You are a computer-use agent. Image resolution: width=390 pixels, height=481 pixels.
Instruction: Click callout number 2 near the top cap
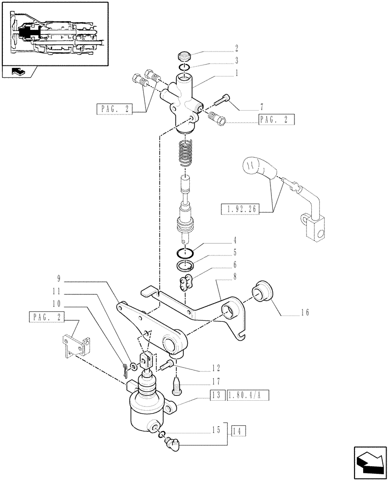(236, 49)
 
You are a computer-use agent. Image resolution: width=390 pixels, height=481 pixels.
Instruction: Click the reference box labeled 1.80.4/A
(248, 395)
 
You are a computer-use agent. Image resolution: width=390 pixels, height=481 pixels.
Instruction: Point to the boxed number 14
(239, 430)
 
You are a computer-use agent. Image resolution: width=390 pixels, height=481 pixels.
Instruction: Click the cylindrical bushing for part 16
(263, 291)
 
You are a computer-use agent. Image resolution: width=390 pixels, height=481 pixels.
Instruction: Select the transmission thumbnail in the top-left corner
(54, 33)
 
